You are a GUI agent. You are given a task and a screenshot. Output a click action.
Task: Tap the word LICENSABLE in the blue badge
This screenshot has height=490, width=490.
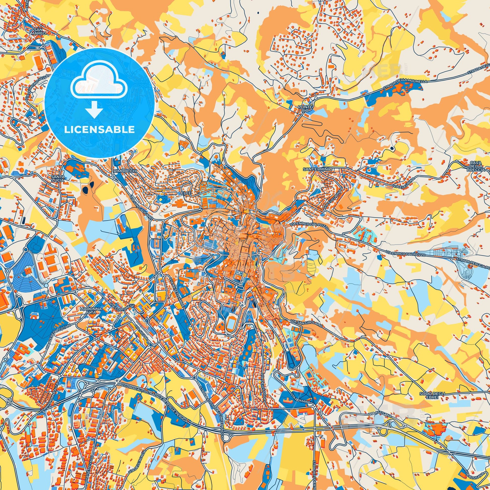pyautogui.click(x=99, y=130)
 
